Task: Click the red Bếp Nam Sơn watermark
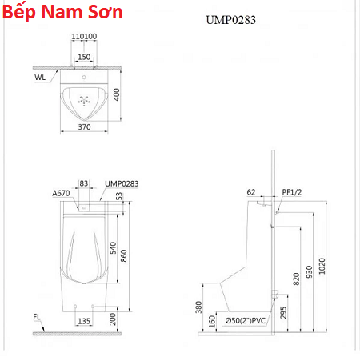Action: tap(62, 12)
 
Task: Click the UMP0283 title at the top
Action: tap(230, 20)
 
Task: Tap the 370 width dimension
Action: tap(84, 127)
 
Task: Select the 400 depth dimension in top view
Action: tap(117, 94)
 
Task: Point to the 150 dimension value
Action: tap(84, 57)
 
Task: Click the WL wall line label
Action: tap(40, 78)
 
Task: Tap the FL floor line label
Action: tap(37, 317)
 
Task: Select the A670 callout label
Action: tap(61, 193)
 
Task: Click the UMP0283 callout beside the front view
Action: tap(122, 184)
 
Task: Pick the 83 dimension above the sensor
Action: tap(84, 183)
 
